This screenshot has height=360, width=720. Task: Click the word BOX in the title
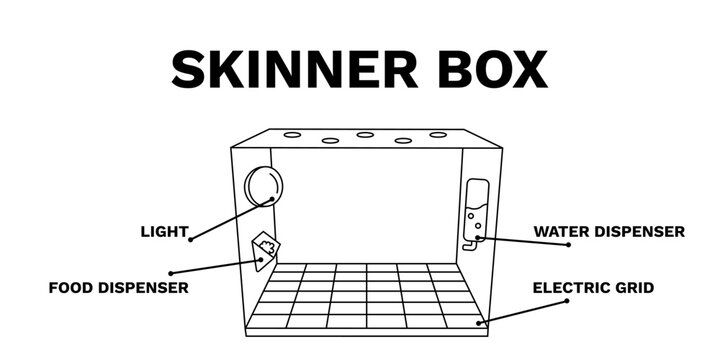coord(492,70)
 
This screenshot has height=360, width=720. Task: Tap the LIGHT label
coord(164,232)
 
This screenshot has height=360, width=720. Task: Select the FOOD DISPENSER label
coord(119,288)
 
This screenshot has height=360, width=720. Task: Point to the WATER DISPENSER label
coord(608,232)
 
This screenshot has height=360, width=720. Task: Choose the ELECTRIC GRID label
coord(593,288)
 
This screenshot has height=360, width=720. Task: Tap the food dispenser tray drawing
coord(265,251)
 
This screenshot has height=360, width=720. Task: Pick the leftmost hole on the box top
coord(291,134)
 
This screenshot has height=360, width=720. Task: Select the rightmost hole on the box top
coord(438,134)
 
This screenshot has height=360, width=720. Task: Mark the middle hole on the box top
coord(365,134)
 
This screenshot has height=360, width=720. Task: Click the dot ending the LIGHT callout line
coord(190,238)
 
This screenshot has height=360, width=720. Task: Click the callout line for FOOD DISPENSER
coord(216,266)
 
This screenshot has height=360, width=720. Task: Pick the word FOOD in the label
coord(69,288)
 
